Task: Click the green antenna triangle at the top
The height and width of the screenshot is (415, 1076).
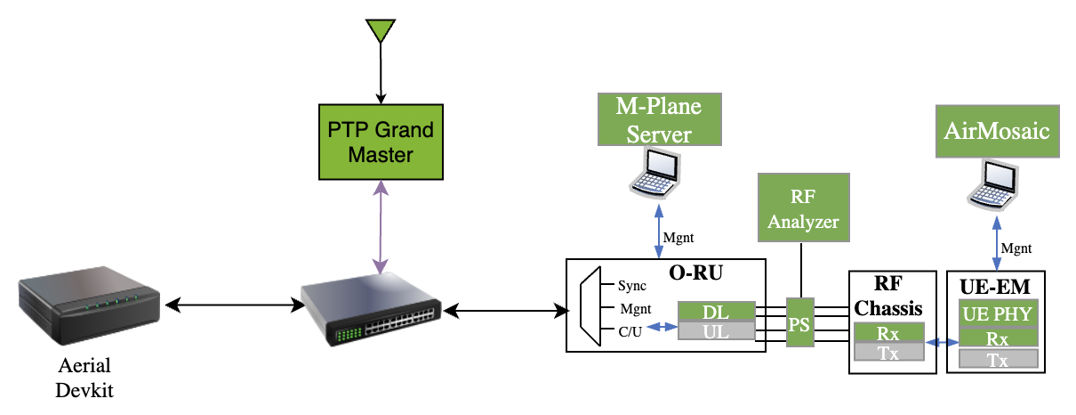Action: click(x=381, y=29)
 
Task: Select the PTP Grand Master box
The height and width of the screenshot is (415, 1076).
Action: click(x=380, y=142)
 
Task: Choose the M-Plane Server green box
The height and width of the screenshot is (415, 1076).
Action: click(x=658, y=120)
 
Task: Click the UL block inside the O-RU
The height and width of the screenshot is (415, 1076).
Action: click(x=717, y=330)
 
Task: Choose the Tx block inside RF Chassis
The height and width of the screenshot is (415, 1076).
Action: click(x=887, y=352)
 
